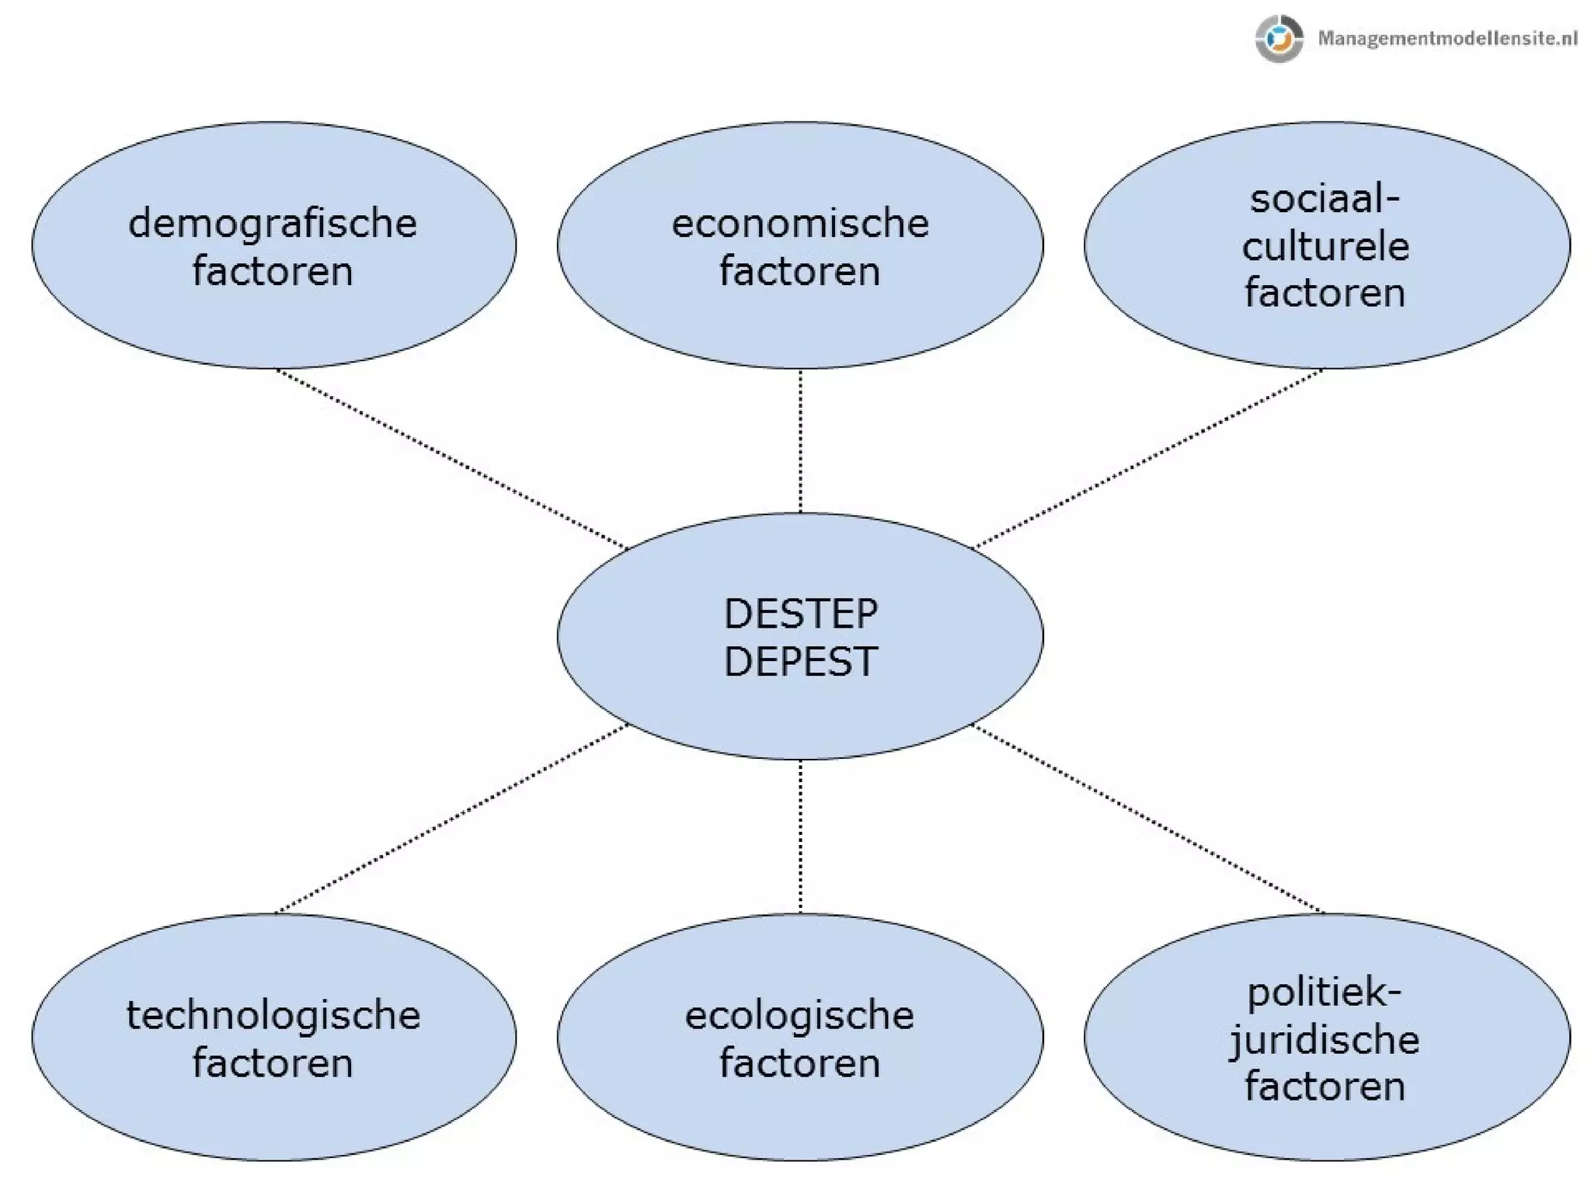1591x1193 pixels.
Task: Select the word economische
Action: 799,224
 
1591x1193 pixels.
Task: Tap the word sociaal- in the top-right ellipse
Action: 1325,200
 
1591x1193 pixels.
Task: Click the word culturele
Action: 1325,247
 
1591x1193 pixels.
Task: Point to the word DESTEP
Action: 800,614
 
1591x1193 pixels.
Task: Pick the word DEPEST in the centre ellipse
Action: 800,662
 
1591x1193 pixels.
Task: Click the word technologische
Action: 273,1016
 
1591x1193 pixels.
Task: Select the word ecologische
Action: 799,1016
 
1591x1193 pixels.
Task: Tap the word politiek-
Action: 1325,993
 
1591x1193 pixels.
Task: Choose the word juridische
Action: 1325,1040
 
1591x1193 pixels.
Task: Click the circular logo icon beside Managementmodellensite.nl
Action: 1279,38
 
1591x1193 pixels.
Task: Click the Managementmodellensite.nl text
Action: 1447,38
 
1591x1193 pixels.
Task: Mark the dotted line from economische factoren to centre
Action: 800,440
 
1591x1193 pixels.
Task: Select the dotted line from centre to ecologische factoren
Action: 800,836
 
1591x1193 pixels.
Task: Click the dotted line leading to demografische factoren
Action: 451,459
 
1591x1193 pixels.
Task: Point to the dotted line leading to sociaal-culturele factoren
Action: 1148,458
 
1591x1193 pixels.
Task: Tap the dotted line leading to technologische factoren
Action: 451,819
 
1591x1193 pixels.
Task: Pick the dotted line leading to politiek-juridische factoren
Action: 1148,819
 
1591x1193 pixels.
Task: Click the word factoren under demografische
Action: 273,272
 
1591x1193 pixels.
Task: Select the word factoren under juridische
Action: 1325,1087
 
